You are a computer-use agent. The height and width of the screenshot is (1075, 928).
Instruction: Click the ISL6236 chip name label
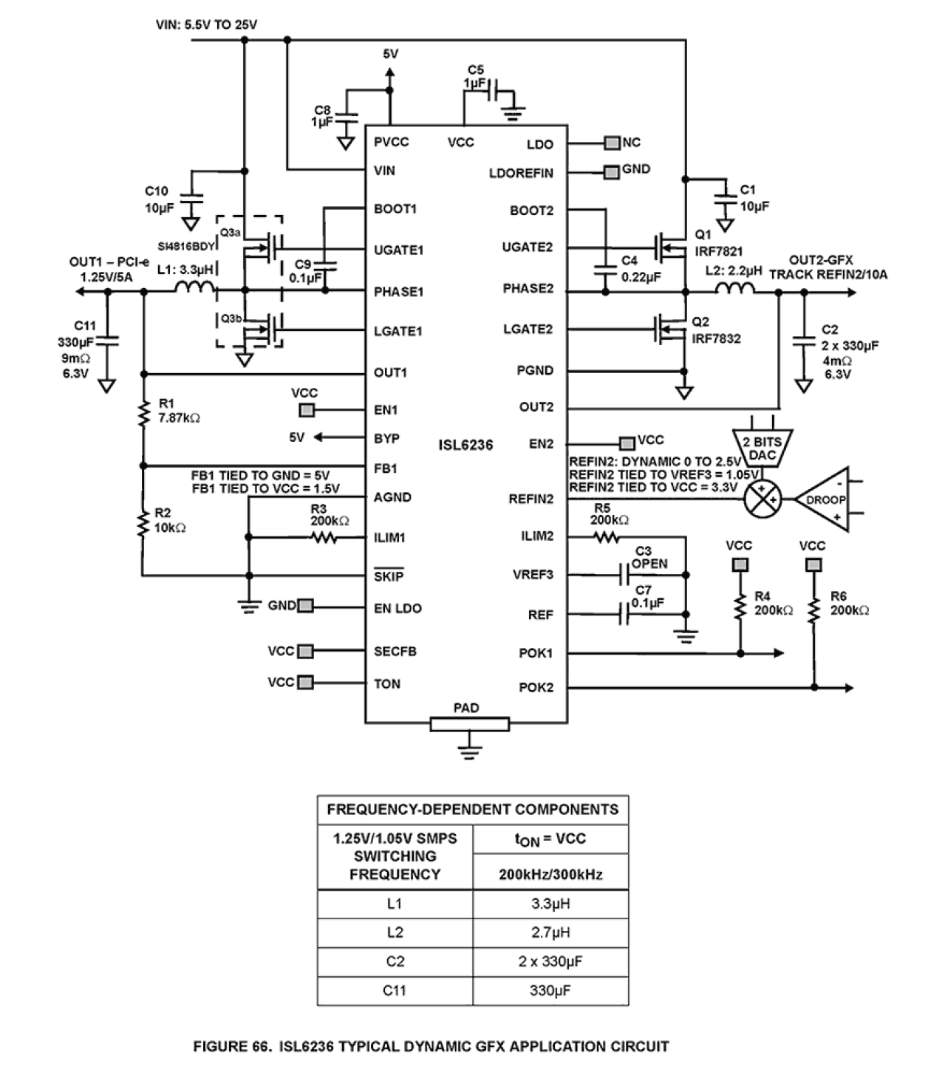(465, 445)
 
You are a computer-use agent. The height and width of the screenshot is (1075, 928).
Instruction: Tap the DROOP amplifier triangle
(823, 499)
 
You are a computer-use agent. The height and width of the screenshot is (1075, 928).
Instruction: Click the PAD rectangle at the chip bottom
(469, 724)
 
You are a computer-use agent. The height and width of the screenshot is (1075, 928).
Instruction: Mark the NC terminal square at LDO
(612, 143)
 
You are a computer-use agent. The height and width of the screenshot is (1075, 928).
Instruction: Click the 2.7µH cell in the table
(550, 932)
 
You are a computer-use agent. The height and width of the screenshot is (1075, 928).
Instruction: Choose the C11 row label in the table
(395, 990)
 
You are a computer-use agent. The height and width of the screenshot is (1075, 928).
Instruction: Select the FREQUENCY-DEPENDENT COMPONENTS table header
(473, 809)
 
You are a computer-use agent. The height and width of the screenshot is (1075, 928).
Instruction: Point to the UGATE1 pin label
(398, 250)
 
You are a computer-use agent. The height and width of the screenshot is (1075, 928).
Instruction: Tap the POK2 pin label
(536, 687)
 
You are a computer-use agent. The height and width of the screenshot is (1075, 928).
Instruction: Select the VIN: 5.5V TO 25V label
(207, 24)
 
